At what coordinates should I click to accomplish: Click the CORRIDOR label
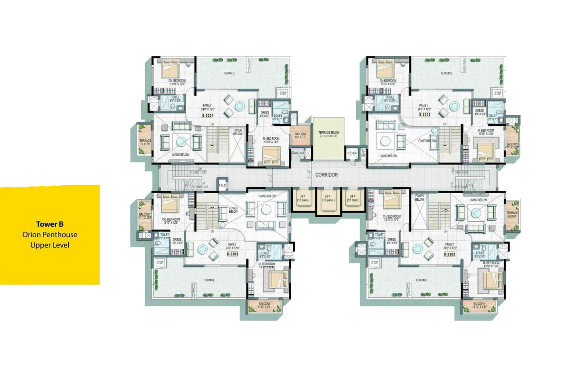(x=326, y=175)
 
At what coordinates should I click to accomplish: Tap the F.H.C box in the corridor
(x=222, y=185)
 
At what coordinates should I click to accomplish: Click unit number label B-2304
(x=208, y=116)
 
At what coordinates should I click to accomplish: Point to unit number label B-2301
(x=425, y=114)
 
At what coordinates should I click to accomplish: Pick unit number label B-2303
(x=233, y=254)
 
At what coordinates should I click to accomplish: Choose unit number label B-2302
(x=450, y=254)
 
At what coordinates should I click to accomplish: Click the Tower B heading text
(x=50, y=224)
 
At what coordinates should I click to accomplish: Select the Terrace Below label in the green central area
(x=329, y=134)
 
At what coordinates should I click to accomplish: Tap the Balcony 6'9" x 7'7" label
(x=301, y=135)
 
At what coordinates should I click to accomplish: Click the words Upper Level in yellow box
(x=50, y=245)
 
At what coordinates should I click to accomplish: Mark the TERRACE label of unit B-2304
(x=229, y=73)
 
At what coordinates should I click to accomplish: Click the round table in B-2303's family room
(x=202, y=249)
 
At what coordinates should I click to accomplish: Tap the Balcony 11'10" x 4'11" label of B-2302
(x=479, y=305)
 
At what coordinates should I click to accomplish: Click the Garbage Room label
(x=298, y=153)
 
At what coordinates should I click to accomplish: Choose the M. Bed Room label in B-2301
(x=486, y=132)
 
